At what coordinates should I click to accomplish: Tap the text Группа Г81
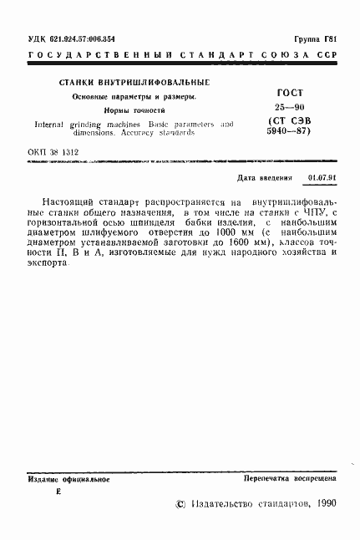(x=315, y=38)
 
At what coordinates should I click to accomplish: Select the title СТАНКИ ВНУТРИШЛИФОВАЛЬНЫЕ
(x=134, y=83)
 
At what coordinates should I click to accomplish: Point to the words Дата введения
(x=266, y=178)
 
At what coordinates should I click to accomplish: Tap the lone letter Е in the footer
(x=58, y=492)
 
